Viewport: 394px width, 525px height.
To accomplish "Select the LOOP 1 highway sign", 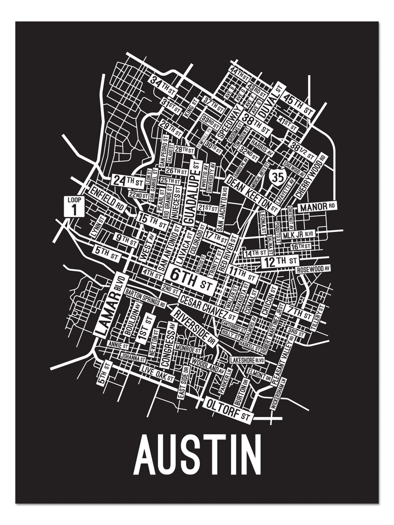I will click(74, 206).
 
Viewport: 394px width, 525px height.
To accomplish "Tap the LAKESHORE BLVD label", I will click(247, 360).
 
